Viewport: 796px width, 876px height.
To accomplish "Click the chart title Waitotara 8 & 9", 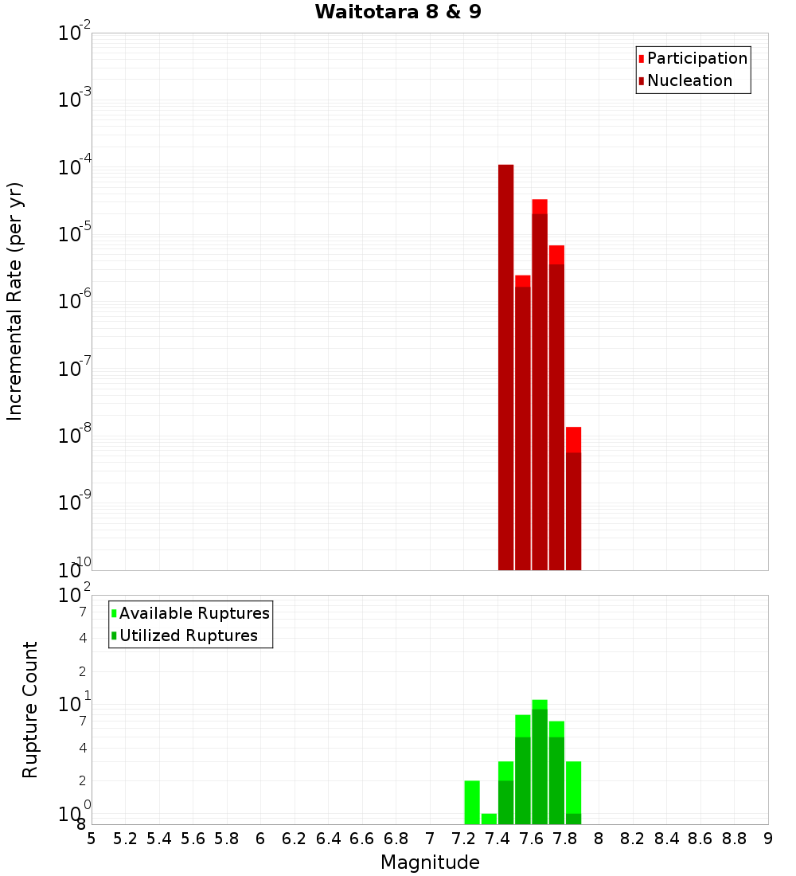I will coord(398,12).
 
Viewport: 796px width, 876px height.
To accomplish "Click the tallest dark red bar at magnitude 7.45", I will coord(505,366).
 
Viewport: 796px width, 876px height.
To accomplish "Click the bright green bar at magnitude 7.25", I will coord(472,802).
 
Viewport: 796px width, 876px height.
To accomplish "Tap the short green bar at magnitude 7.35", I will coord(489,819).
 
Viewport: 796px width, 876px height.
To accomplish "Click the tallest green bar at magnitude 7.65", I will coord(540,765).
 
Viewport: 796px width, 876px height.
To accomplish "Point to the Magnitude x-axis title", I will coord(430,862).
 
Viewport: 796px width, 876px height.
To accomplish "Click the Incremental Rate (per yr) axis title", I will coord(15,301).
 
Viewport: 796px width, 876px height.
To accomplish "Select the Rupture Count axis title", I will coord(30,709).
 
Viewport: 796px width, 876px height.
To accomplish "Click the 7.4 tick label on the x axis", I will coord(497,839).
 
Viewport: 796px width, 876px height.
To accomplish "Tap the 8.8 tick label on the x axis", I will coord(734,839).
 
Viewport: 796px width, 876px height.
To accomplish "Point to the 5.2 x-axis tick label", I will coord(125,839).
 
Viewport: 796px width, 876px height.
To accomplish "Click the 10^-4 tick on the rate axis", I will coord(74,167).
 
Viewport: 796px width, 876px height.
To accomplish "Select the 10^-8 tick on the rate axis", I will coord(74,436).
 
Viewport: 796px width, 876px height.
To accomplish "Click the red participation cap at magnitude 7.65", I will coord(540,206).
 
